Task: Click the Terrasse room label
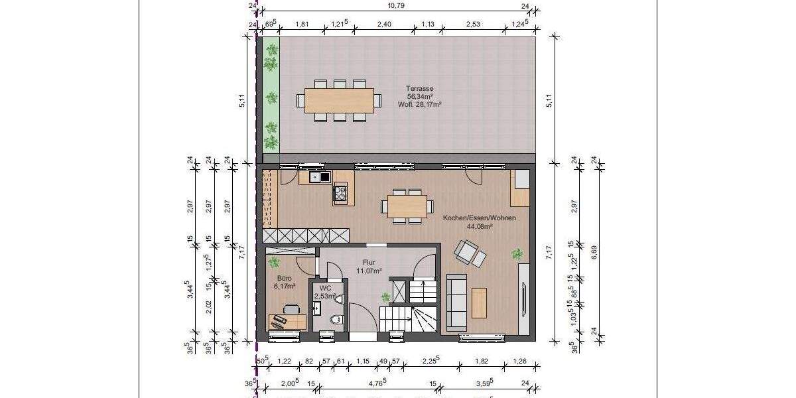click(x=420, y=88)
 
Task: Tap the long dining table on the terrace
click(x=339, y=100)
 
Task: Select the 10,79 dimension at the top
click(x=396, y=5)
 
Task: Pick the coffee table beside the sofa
click(x=479, y=302)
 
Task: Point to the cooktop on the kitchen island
click(x=340, y=193)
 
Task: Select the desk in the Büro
click(x=288, y=322)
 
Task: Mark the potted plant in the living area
click(x=517, y=253)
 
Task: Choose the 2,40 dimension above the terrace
click(x=383, y=25)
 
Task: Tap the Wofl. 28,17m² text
click(x=420, y=104)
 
